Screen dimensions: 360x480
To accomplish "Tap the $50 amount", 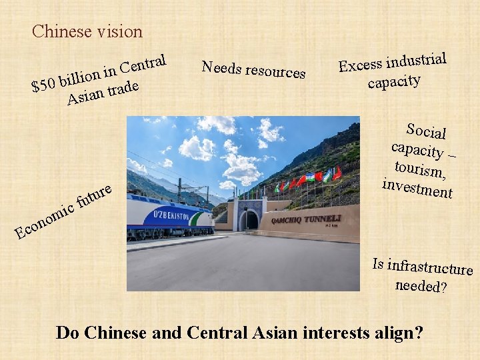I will pos(44,85).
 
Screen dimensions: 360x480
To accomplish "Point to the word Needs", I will pos(221,67).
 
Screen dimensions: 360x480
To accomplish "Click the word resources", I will pos(275,71).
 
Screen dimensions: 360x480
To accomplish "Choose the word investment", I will pos(417,187).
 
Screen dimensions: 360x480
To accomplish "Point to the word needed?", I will pos(421,286).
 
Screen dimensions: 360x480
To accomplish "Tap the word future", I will pos(93,193).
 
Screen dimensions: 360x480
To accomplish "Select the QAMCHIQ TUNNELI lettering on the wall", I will pos(306,219).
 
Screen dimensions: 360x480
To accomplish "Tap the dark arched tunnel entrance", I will pos(249,221).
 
